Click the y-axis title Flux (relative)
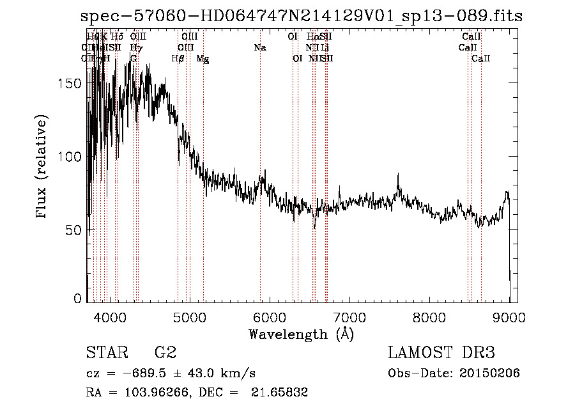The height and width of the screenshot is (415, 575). (43, 168)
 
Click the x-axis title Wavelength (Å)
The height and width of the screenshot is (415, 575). (301, 334)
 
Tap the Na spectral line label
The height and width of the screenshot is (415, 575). (260, 48)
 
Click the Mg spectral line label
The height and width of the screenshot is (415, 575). (203, 59)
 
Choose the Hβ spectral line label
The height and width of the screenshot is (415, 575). (178, 59)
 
